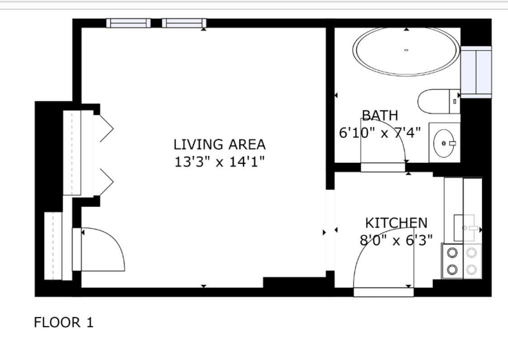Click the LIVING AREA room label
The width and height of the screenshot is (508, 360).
pos(219,145)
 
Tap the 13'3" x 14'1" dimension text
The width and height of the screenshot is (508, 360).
pos(219,161)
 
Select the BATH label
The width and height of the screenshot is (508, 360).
pos(380,115)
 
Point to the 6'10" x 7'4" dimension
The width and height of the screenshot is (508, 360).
pos(380,133)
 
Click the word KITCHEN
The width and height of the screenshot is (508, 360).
pos(396,223)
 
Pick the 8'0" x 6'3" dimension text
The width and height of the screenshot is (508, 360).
pos(396,240)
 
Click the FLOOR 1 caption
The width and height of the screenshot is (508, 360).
pos(64,323)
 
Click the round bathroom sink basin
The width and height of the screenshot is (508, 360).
pos(443,143)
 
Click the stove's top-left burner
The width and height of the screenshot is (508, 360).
pos(452,252)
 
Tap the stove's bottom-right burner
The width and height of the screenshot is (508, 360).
pos(472,269)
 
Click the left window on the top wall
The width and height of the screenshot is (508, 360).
pos(128,23)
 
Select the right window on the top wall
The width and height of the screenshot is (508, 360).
pos(184,23)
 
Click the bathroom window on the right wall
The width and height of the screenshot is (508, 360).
pos(476,72)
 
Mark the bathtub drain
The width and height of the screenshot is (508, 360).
pos(406,50)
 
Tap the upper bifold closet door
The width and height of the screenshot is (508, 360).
pos(107,128)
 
